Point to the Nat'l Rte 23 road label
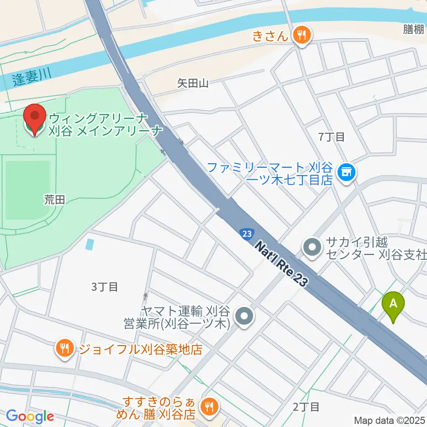[x=282, y=264]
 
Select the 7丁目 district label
[x=332, y=137]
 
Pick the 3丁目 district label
[x=105, y=287]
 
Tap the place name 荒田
[x=54, y=200]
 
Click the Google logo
[x=30, y=417]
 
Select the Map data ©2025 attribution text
[x=389, y=420]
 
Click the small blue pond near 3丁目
[x=91, y=244]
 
